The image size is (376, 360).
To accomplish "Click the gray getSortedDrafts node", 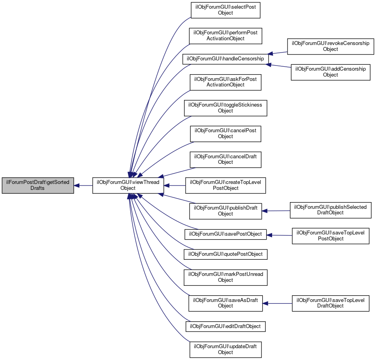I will coord(38,185).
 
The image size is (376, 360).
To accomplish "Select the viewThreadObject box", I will coord(128,185).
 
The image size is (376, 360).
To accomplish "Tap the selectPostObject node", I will coord(226,10).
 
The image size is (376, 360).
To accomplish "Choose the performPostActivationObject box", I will coord(226,36).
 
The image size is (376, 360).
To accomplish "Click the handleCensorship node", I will coord(225,59).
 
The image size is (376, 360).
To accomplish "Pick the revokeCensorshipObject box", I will coord(331,46).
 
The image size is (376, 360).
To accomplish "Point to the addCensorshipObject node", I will coord(331,72).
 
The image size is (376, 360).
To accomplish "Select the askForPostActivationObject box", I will coord(226,82).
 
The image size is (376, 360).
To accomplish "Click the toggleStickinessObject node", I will coord(226,108).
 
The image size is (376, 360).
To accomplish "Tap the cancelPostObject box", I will coord(226,133).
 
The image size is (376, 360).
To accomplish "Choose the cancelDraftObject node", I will coord(226,159).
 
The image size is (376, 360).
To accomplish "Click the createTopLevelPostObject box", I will coord(226,185).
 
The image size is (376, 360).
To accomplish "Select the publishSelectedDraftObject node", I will coord(331,210).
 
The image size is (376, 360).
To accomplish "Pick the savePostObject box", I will coord(226,234).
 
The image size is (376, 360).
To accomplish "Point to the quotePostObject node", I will coord(226,254).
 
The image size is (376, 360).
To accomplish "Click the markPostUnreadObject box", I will coord(226,277).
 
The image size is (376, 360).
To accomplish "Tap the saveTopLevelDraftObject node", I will coord(331,303).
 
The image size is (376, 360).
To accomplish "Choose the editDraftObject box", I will coord(226,326).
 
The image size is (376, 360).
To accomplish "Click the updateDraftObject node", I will coord(226,349).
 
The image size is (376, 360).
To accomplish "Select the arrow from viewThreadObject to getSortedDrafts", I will coord(83,185).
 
